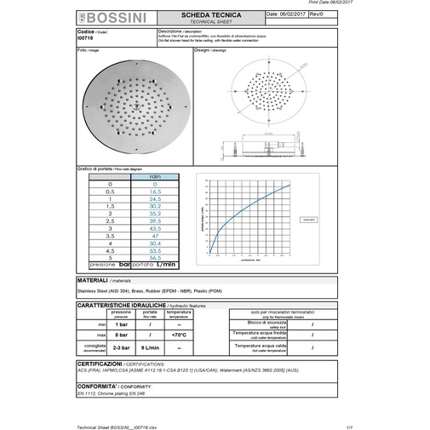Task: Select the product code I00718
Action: [86, 39]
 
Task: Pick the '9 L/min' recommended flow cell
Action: [150, 347]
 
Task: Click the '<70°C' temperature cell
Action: [179, 335]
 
